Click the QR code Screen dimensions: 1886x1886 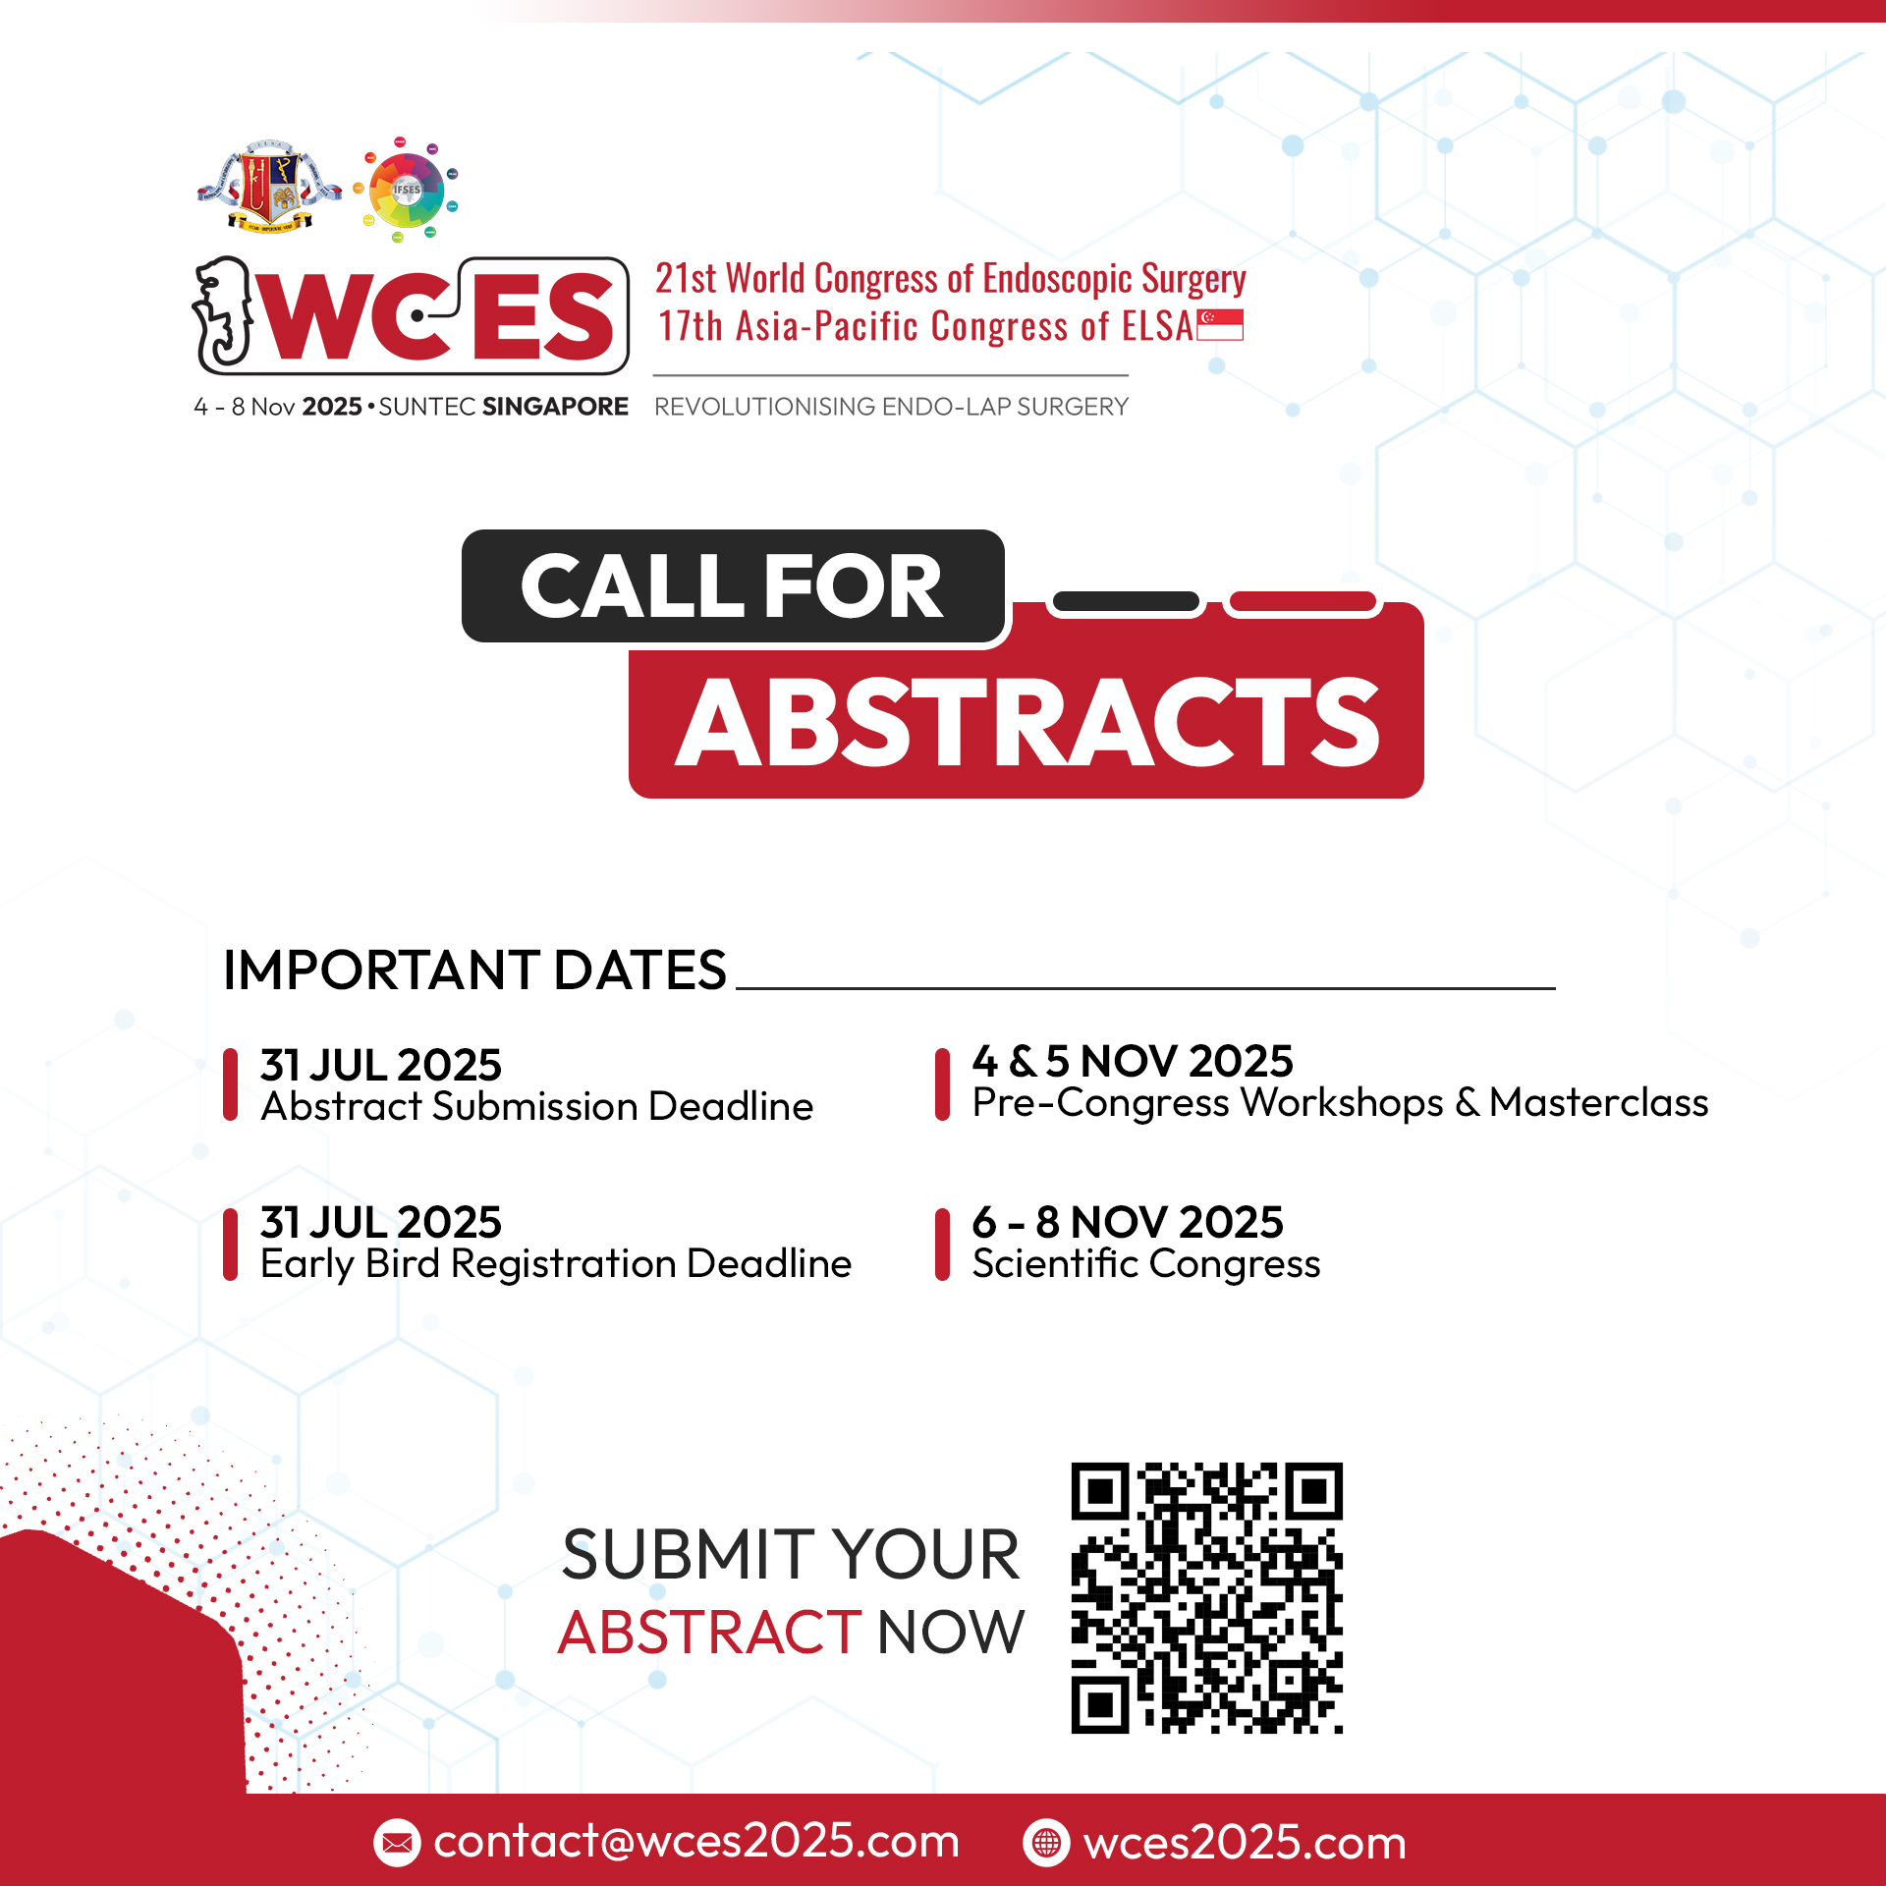coord(1206,1598)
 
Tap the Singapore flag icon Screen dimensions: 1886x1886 coord(1220,325)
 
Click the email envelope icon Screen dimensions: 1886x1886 coord(397,1843)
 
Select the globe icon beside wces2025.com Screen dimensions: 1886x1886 coord(1047,1843)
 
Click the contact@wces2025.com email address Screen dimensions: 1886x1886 coord(696,1841)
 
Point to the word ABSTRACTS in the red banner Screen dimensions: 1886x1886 coord(1027,722)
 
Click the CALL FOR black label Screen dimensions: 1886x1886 coord(733,586)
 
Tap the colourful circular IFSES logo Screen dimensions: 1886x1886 coord(406,190)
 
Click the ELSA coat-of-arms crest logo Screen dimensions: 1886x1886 coord(268,187)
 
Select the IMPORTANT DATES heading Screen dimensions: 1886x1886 coord(474,970)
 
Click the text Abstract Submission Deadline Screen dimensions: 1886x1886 coord(537,1106)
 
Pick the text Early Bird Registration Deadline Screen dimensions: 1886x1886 coord(556,1264)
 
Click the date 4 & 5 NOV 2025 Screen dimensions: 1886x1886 coord(1133,1061)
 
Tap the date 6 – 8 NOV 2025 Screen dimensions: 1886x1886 coord(1128,1222)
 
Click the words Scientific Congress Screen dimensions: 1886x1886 coord(1146,1264)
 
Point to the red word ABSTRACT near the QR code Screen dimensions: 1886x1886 coord(709,1633)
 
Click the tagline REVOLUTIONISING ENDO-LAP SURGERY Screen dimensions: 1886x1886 coord(891,407)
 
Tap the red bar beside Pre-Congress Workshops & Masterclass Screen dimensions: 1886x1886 coord(942,1084)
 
